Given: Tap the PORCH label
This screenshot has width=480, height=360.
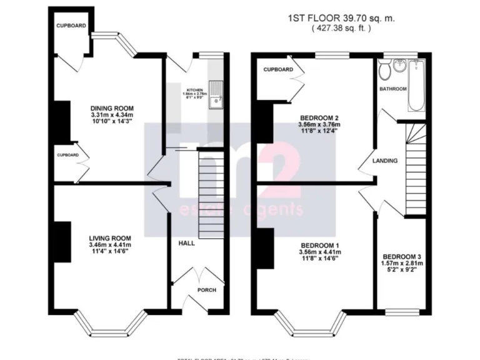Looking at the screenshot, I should point(206,289).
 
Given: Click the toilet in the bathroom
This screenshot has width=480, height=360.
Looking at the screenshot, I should point(384,70).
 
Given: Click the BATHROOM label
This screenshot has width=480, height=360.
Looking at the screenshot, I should point(394,89).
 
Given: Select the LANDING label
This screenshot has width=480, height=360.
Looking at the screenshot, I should point(385,161).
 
